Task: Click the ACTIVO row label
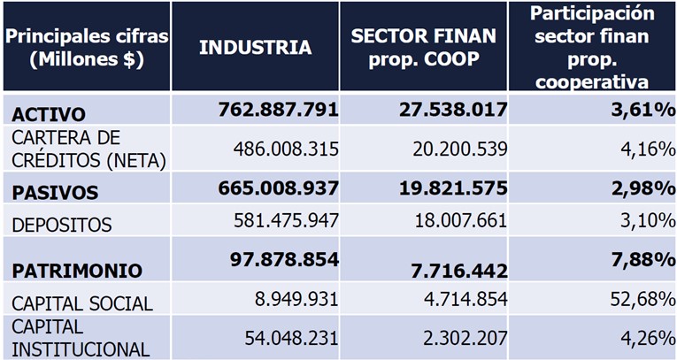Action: pos(49,114)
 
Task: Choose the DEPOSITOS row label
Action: pos(62,225)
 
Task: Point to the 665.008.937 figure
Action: pos(278,188)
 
